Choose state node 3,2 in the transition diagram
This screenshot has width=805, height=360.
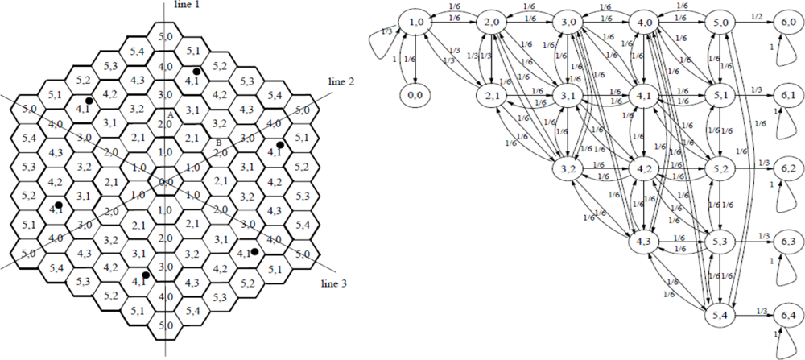coord(568,170)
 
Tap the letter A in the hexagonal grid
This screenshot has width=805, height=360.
coord(171,115)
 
